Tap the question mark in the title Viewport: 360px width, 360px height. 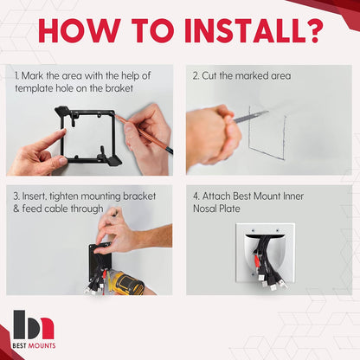click(313, 31)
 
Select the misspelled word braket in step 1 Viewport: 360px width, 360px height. click(119, 88)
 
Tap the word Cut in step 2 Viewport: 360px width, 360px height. click(209, 76)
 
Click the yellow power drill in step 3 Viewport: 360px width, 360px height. click(126, 284)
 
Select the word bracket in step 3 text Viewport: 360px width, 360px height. click(139, 196)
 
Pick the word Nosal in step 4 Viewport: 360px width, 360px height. click(205, 209)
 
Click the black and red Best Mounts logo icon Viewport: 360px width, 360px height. click(34, 325)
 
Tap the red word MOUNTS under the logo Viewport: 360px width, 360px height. click(42, 345)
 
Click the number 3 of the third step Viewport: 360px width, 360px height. click(16, 196)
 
